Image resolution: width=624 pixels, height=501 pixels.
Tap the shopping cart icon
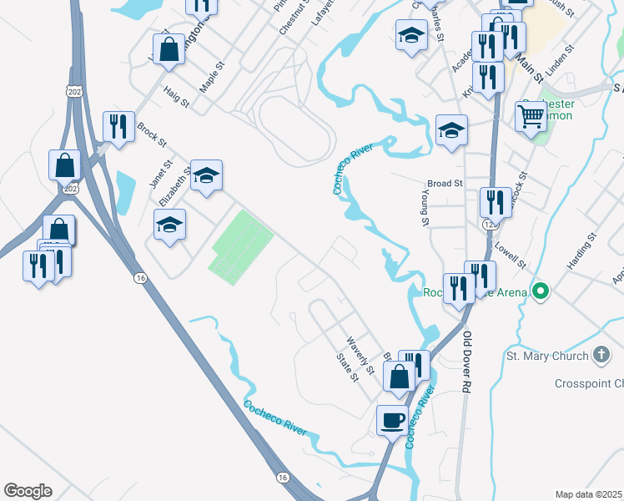tap(531, 117)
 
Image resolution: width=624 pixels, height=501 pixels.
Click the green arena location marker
tap(541, 291)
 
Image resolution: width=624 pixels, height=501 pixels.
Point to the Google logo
tap(28, 491)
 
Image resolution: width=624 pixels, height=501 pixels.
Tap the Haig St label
tap(177, 98)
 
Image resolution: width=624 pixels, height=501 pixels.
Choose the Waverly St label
tap(360, 352)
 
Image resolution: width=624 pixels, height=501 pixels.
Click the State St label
tap(347, 366)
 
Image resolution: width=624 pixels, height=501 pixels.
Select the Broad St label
tap(445, 183)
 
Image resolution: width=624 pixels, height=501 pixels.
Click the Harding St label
tap(581, 250)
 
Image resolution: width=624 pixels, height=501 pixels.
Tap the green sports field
tap(242, 247)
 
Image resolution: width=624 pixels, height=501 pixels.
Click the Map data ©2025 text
tap(587, 493)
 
